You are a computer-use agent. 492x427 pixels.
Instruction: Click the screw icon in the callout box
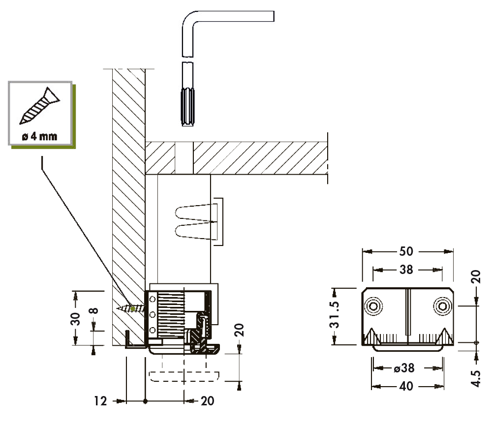(x=39, y=106)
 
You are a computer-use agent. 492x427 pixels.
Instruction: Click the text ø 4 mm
(x=39, y=136)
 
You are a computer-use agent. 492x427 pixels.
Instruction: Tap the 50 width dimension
(x=406, y=251)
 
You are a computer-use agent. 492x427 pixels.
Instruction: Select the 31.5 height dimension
(x=335, y=315)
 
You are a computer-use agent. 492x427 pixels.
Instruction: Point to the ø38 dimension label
(x=404, y=368)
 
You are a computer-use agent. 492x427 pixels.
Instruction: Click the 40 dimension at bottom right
(x=406, y=386)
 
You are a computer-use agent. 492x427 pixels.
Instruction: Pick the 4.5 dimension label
(x=476, y=379)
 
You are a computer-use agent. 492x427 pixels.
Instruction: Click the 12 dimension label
(x=100, y=401)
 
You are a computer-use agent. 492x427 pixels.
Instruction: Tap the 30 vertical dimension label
(x=75, y=319)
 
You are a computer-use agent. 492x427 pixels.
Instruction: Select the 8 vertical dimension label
(x=93, y=310)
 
